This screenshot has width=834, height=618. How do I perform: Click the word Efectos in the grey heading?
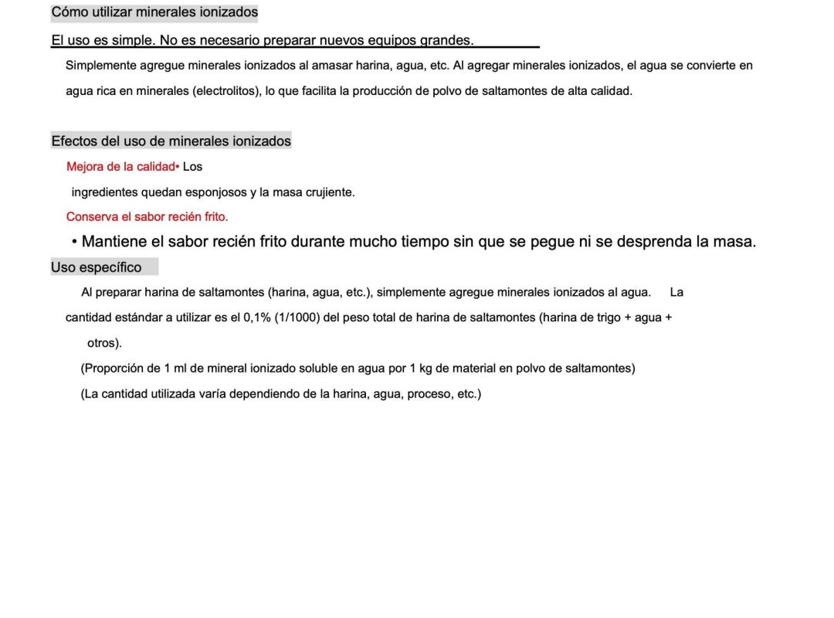(x=74, y=141)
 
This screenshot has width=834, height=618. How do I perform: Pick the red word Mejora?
(x=85, y=167)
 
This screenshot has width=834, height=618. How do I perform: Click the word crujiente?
(x=328, y=192)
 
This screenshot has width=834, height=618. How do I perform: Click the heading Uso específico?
(x=97, y=267)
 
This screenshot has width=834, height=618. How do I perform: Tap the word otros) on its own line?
(x=104, y=343)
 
